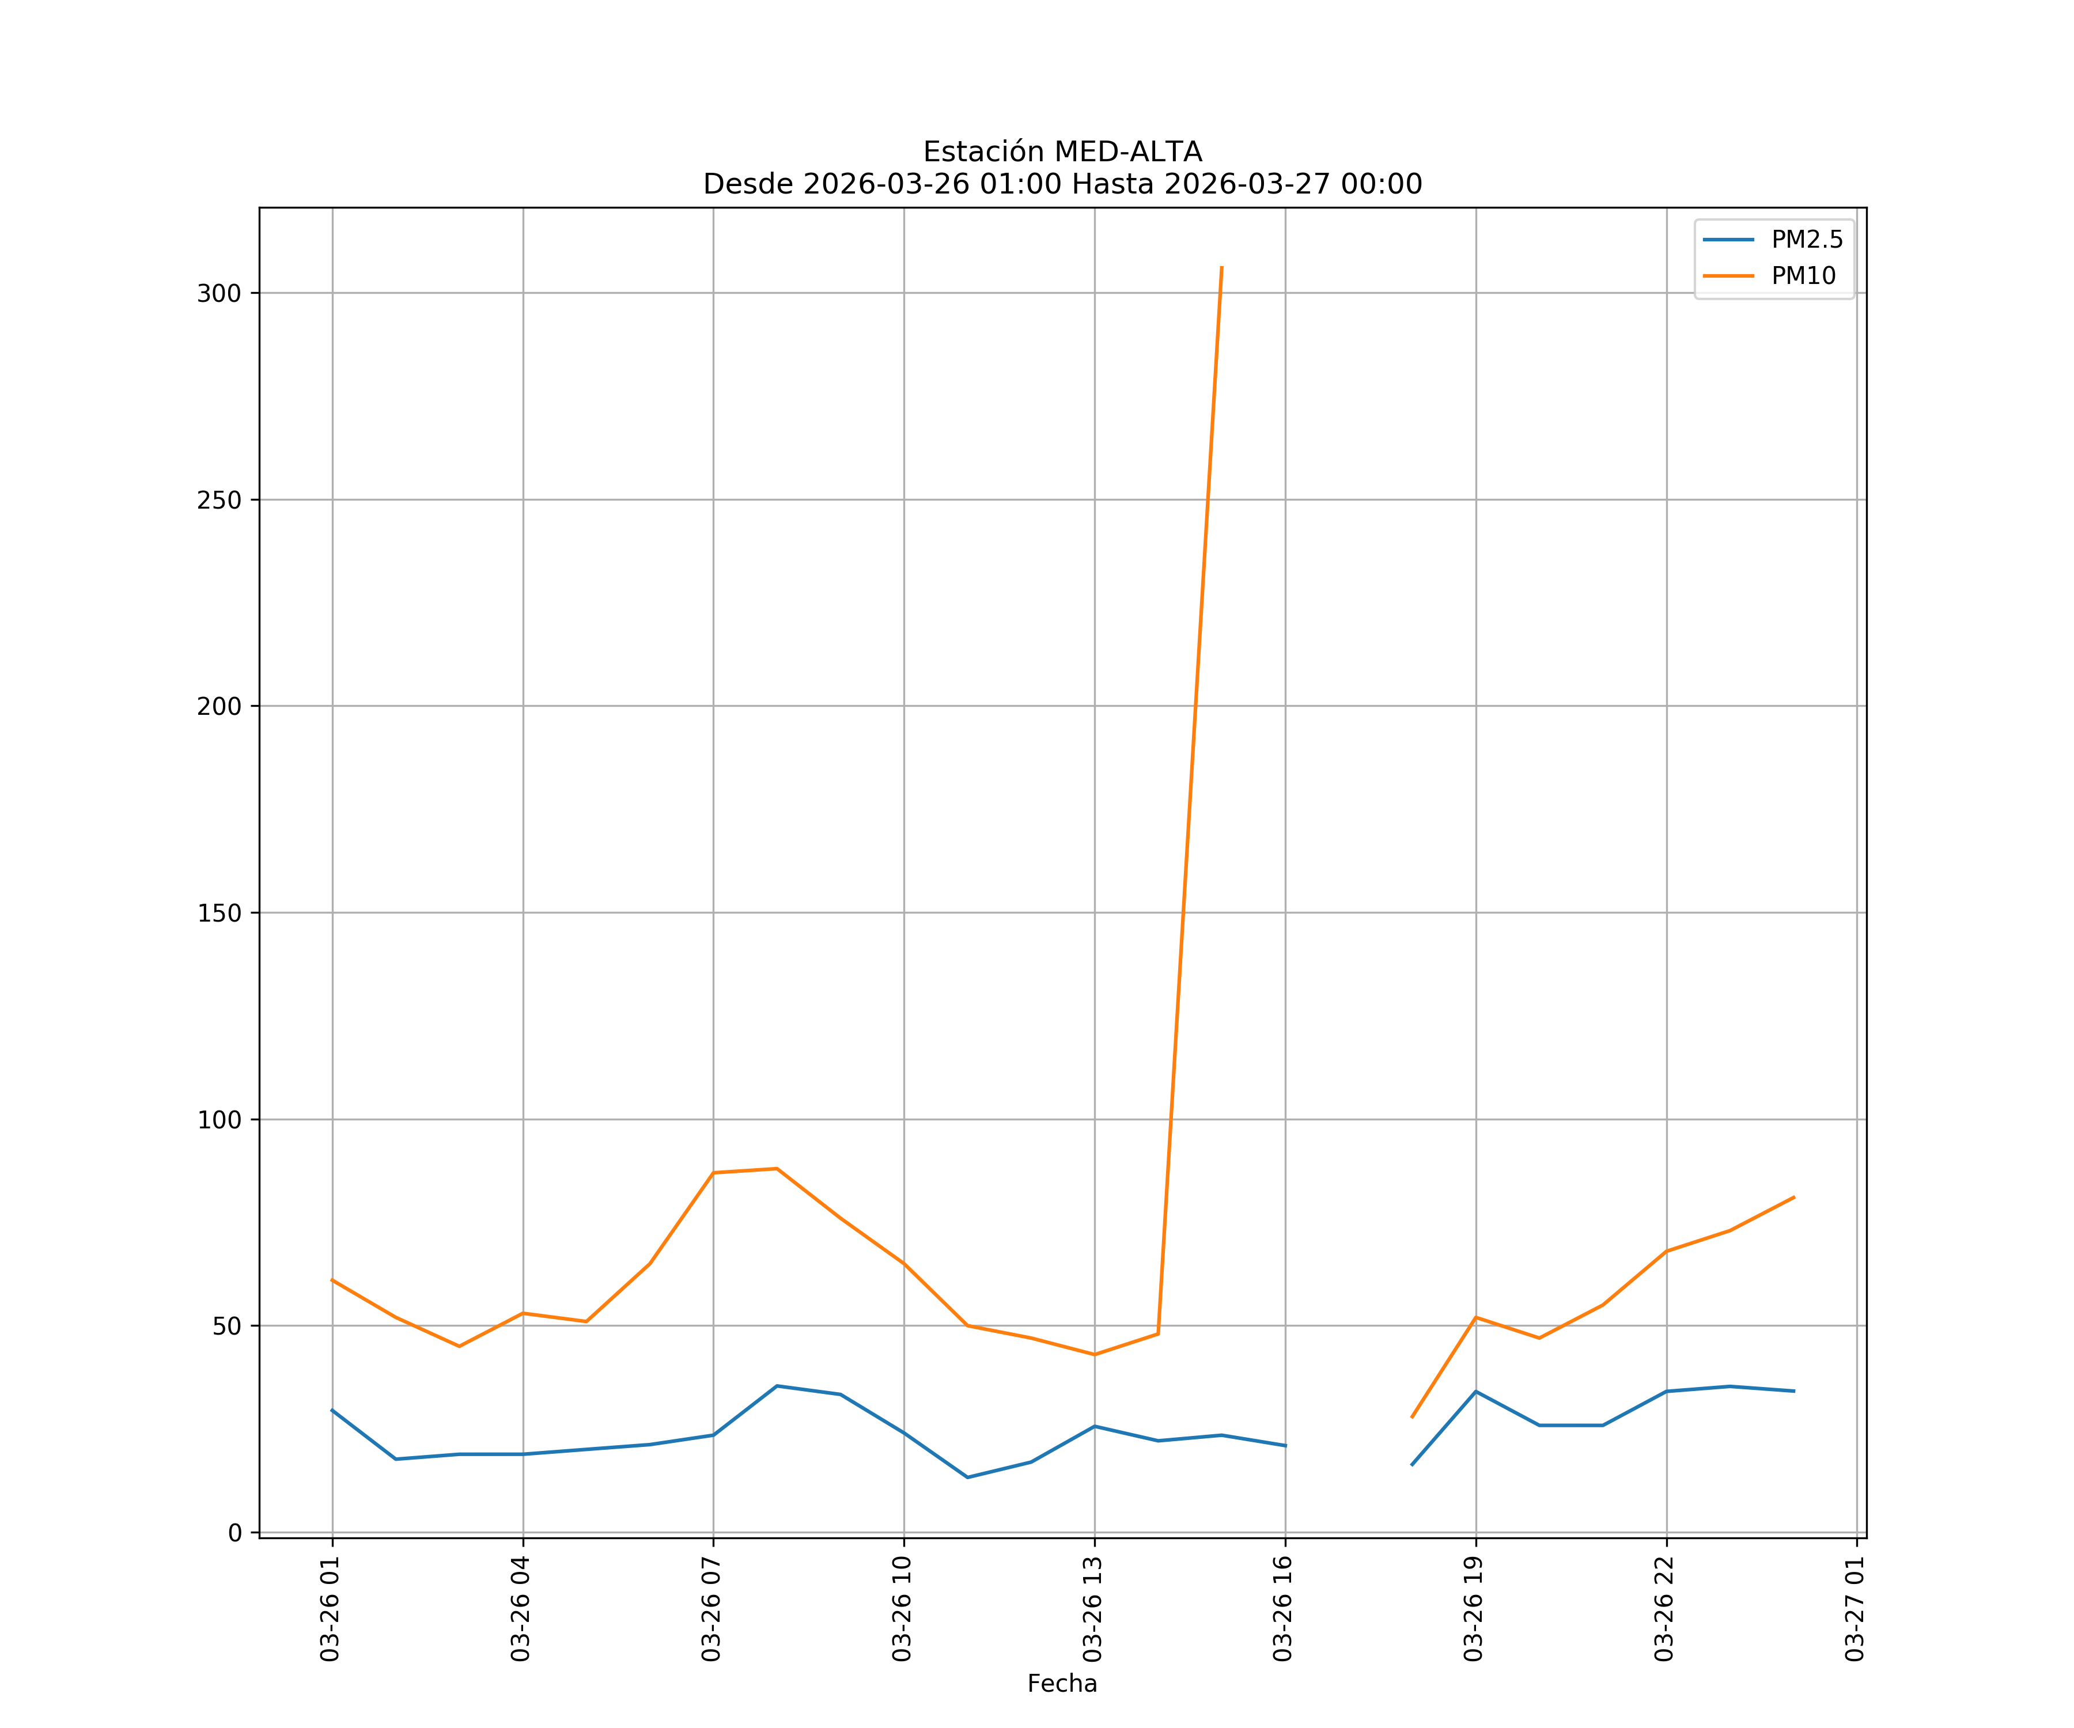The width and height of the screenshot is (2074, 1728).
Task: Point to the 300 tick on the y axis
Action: pyautogui.click(x=219, y=293)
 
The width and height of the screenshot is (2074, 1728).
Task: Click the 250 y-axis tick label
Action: pyautogui.click(x=219, y=499)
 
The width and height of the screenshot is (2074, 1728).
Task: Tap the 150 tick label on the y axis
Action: pyautogui.click(x=219, y=914)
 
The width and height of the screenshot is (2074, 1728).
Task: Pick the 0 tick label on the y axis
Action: pyautogui.click(x=235, y=1533)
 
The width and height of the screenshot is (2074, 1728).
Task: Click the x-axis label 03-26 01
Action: pyautogui.click(x=330, y=1609)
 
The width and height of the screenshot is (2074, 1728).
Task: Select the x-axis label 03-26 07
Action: pyautogui.click(x=711, y=1609)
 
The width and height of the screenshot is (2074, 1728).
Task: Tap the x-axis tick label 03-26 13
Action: pyautogui.click(x=1092, y=1609)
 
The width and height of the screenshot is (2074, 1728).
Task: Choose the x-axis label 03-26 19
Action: pyautogui.click(x=1474, y=1609)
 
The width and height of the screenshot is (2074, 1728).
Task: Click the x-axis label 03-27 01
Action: pyautogui.click(x=1855, y=1609)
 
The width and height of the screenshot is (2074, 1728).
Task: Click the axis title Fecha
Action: pyautogui.click(x=1062, y=1684)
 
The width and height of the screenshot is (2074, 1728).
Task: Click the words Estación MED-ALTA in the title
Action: pyautogui.click(x=1062, y=152)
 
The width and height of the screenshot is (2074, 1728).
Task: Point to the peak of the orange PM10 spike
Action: pyautogui.click(x=1222, y=267)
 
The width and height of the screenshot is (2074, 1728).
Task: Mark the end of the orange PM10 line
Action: pyautogui.click(x=1793, y=1198)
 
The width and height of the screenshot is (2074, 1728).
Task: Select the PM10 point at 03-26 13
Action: pyautogui.click(x=1094, y=1355)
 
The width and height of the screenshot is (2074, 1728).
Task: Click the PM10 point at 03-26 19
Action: pyautogui.click(x=1475, y=1317)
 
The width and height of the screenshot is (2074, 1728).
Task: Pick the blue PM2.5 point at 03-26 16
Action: pyautogui.click(x=1285, y=1446)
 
